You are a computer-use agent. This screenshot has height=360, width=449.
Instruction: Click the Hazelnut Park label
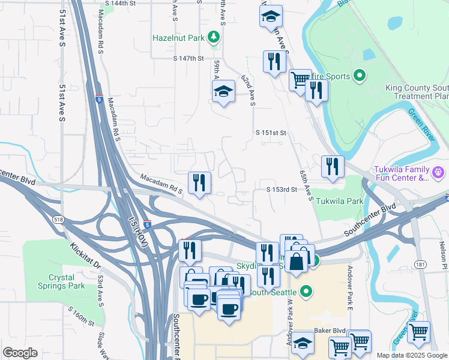(x=179, y=38)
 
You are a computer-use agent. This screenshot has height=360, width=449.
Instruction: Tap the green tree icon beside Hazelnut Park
(x=214, y=38)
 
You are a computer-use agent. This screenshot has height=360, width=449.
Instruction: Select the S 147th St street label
(x=189, y=59)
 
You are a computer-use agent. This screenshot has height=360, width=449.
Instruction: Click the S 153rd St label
(x=282, y=190)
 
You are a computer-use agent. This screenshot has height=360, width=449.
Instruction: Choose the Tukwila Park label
(x=339, y=202)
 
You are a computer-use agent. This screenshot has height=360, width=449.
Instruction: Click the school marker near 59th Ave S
(x=223, y=91)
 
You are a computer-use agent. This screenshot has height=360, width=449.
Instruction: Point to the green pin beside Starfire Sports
(x=360, y=76)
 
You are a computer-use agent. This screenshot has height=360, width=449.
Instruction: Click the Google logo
(x=20, y=353)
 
